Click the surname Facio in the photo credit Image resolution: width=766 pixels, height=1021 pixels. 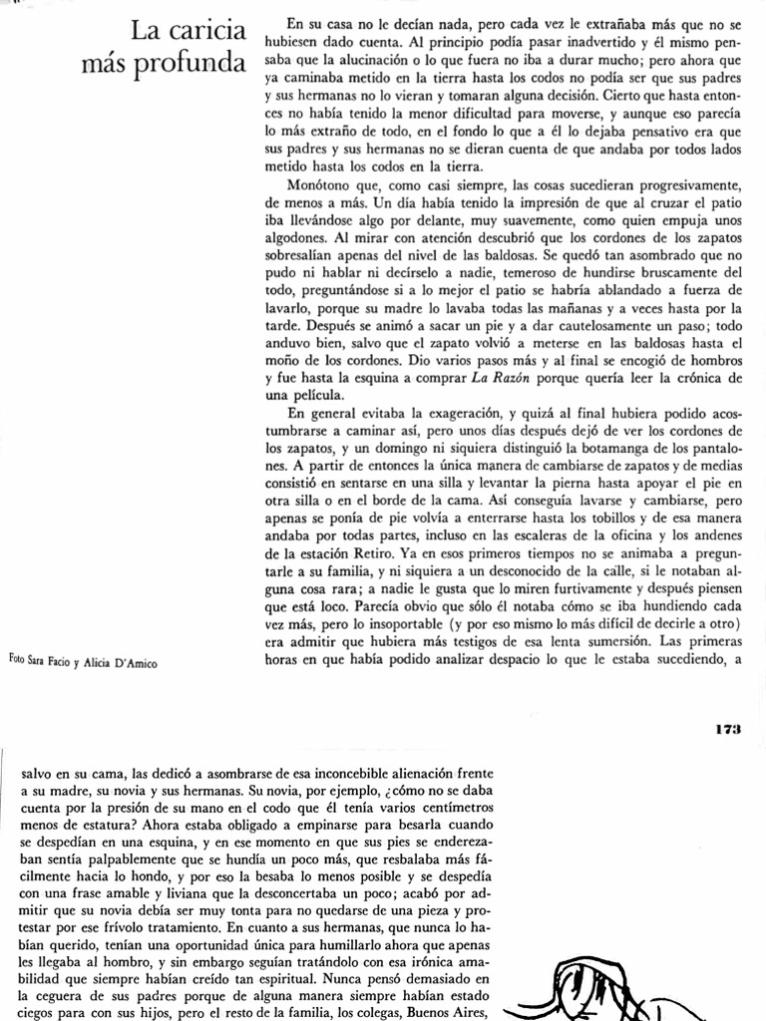(x=59, y=660)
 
